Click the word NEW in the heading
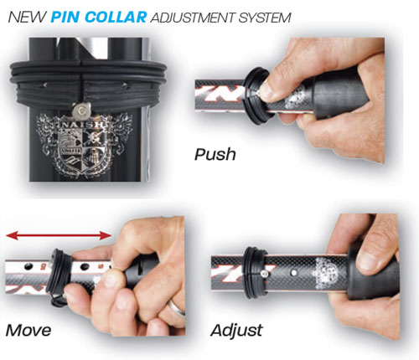pyautogui.click(x=27, y=18)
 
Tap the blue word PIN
pyautogui.click(x=66, y=18)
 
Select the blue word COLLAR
pyautogui.click(x=116, y=18)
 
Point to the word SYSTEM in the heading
pyautogui.click(x=265, y=18)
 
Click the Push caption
pyautogui.click(x=215, y=155)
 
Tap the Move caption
pyautogui.click(x=28, y=331)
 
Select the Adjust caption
pyautogui.click(x=236, y=331)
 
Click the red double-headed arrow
pyautogui.click(x=59, y=235)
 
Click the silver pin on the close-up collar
pyautogui.click(x=81, y=109)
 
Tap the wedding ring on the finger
pyautogui.click(x=177, y=308)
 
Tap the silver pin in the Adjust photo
pyautogui.click(x=264, y=274)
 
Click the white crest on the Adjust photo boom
pyautogui.click(x=327, y=273)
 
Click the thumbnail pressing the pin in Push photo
pyautogui.click(x=266, y=90)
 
